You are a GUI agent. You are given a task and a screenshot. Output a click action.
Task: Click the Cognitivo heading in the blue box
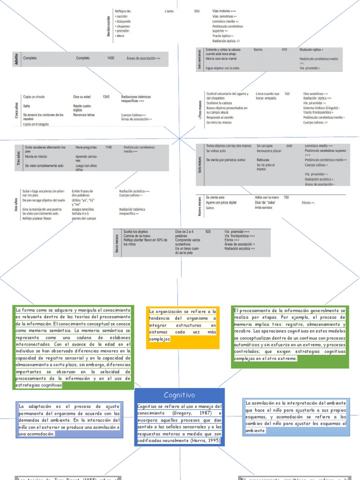179,395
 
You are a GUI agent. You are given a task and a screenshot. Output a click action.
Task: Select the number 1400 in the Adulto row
111,58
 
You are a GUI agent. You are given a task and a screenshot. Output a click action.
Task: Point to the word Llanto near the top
169,11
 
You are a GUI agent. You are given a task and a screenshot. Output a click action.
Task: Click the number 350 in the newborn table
197,11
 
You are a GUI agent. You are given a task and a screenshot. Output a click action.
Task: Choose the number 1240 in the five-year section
106,97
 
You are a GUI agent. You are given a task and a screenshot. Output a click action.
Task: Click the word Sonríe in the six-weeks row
258,49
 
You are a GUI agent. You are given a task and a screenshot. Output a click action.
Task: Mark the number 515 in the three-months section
287,94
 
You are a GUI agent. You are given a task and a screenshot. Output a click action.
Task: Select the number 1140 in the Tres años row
109,147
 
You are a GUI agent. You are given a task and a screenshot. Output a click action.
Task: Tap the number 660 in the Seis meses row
289,146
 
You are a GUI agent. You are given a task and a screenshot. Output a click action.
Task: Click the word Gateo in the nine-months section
210,208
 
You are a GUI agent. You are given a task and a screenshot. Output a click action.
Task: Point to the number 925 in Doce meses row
208,232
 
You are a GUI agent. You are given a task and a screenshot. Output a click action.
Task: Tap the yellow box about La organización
183,325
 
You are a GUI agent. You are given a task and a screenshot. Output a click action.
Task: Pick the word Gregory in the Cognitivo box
182,413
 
